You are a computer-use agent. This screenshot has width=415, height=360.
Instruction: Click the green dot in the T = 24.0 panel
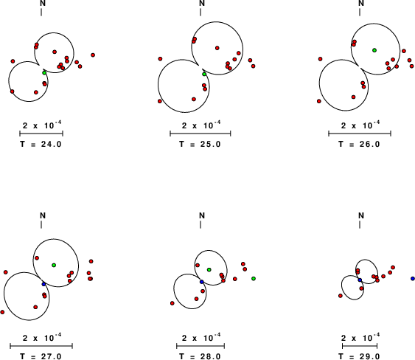(44, 72)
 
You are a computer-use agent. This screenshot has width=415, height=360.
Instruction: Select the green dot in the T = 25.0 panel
(204, 74)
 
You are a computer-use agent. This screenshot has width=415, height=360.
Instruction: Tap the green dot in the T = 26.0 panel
(374, 50)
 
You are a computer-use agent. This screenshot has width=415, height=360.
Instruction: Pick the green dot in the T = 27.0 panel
(54, 265)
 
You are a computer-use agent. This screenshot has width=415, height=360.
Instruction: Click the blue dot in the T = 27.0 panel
(43, 284)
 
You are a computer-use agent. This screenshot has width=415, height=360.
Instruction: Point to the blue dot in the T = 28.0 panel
(202, 282)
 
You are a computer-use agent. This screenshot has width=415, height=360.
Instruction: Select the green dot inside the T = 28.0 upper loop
(209, 270)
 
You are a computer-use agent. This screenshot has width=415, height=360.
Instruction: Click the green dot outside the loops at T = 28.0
(254, 278)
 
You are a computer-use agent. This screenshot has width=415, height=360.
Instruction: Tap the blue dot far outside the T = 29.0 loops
(413, 278)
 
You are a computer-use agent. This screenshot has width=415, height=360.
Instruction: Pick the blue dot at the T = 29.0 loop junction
(360, 280)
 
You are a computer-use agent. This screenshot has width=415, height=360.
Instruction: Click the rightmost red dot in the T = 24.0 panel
(93, 55)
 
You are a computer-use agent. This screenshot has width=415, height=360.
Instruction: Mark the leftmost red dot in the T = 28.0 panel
(172, 303)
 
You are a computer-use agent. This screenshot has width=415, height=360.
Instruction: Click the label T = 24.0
(41, 144)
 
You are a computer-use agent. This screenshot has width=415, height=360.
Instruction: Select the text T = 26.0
(359, 144)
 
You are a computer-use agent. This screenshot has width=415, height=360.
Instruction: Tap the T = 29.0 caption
(359, 356)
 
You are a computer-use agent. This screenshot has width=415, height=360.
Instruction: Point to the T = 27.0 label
(41, 356)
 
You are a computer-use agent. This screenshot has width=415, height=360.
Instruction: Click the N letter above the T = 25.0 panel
(202, 3)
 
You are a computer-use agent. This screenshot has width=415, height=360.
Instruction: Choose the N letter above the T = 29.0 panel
(361, 215)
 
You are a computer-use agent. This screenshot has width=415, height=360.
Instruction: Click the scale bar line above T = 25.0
(200, 134)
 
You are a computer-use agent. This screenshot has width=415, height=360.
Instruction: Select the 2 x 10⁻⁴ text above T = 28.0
(201, 337)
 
